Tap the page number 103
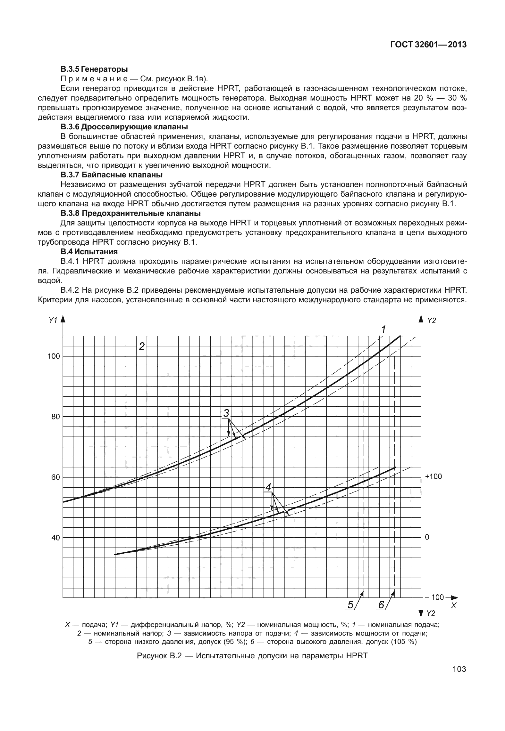coord(459,669)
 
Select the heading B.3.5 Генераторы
coord(94,69)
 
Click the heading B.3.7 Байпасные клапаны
coord(111,175)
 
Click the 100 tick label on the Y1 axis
coord(54,356)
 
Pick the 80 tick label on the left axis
coord(55,417)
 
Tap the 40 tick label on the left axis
coord(55,538)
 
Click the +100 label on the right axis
coord(433,476)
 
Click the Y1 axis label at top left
coord(53,320)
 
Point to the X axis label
coord(453,605)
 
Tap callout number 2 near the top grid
coord(141,346)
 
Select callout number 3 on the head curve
coord(226,413)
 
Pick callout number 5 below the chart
coord(351,605)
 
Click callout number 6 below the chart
coord(381,605)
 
